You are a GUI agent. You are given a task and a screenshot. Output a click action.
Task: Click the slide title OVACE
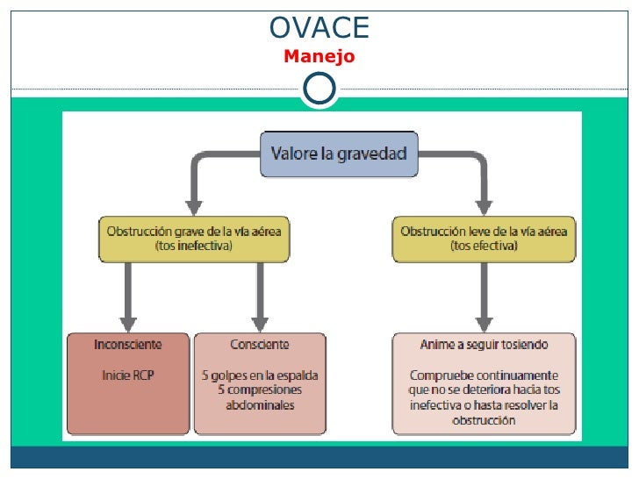coord(319,28)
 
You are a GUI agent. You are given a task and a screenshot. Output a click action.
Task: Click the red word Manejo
coord(319,57)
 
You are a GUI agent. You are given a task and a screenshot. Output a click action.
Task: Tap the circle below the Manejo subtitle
coord(319,88)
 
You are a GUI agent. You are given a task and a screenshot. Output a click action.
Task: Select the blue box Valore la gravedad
coord(339,154)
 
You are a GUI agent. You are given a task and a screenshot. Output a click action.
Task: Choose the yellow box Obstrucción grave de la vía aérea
coord(194,239)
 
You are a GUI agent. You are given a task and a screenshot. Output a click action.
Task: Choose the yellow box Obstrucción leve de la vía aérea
coord(484,239)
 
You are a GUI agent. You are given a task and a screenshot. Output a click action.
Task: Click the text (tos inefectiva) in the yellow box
coord(194,247)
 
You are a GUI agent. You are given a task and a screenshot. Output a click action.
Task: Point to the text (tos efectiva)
coord(484,247)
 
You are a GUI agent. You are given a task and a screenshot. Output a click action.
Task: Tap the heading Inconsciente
coord(128,345)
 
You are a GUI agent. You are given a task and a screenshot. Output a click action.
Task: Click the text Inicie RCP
coord(128,375)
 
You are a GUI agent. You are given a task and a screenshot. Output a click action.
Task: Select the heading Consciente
coord(259,345)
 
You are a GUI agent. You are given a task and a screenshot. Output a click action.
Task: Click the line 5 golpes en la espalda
coord(259,375)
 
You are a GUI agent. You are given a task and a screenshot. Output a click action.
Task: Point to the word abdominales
coord(260,405)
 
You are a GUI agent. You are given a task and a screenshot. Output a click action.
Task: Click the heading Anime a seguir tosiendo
coord(484,345)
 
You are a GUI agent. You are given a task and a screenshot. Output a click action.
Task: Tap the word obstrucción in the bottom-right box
coord(484,420)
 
